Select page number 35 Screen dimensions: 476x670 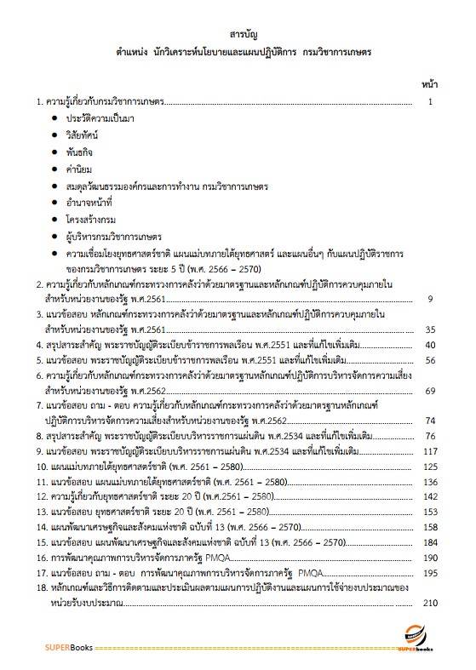(429, 329)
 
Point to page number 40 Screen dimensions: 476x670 (429, 345)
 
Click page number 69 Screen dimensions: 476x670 (429, 390)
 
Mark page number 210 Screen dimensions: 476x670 (429, 604)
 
